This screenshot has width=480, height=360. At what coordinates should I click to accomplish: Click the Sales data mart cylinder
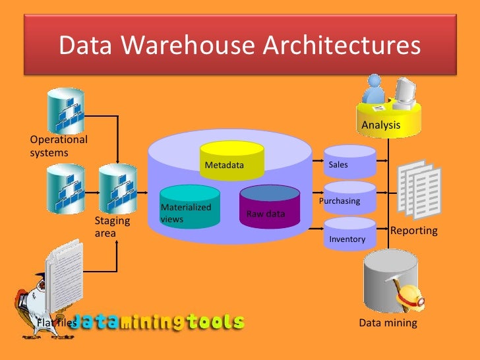[349, 161]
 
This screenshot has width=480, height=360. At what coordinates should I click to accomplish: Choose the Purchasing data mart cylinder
[349, 198]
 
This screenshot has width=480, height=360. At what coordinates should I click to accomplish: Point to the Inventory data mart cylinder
[349, 234]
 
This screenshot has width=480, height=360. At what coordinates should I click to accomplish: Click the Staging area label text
[113, 227]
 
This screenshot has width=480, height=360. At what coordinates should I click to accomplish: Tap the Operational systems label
[58, 146]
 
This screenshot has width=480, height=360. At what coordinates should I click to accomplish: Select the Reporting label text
[414, 231]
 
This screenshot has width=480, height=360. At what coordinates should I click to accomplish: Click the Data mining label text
[388, 323]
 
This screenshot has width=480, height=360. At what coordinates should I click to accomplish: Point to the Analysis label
[380, 125]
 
